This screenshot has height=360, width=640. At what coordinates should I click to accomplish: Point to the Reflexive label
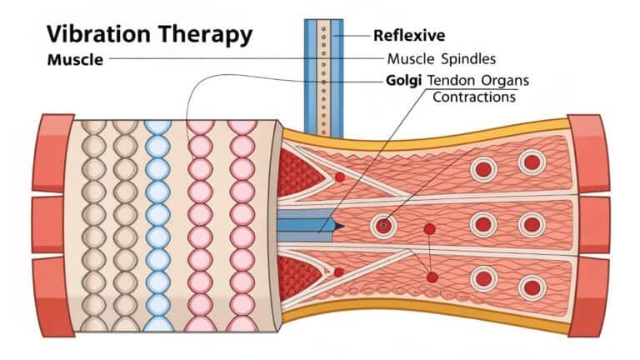[409, 35]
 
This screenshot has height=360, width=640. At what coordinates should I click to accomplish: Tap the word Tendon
[455, 81]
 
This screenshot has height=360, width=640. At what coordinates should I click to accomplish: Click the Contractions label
[473, 97]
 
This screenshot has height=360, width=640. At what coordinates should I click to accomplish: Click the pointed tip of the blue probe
[341, 225]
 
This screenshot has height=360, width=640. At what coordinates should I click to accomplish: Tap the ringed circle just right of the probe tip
[383, 225]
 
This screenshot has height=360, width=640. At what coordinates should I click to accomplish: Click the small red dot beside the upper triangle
[339, 177]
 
